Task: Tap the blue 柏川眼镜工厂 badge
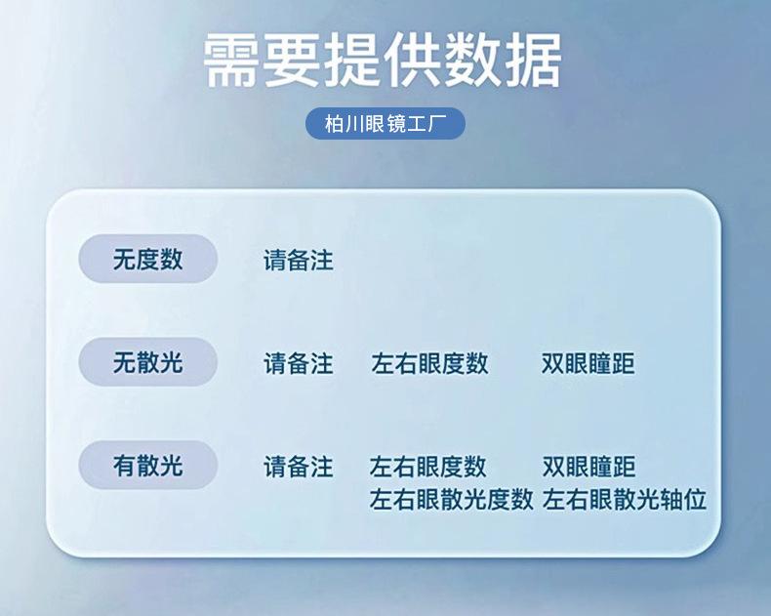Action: point(385,124)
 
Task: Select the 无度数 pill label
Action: point(148,259)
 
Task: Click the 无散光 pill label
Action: point(148,362)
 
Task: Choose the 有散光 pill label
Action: point(148,465)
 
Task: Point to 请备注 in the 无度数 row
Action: point(299,261)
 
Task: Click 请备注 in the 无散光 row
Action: point(299,363)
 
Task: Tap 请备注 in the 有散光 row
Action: point(299,467)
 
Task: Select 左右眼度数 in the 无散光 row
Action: point(429,363)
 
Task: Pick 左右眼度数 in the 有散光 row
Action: point(428,467)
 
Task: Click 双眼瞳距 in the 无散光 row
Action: point(588,363)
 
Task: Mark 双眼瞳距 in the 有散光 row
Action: point(589,467)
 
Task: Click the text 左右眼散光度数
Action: point(452,499)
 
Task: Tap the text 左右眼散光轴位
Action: point(625,499)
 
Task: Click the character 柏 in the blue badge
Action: point(334,124)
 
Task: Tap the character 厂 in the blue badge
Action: point(437,124)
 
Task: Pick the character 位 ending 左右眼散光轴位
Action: point(695,499)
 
